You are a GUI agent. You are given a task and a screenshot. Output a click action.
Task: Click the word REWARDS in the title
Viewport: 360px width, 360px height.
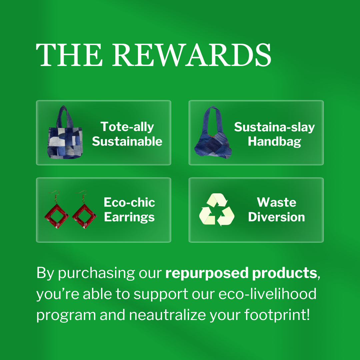[192, 55]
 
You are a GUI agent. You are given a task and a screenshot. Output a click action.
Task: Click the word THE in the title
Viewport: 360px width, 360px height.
[69, 55]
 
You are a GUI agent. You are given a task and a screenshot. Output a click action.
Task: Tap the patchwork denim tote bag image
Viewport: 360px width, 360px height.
[65, 132]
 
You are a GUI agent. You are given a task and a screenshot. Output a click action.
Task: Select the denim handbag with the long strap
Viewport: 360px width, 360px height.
[213, 132]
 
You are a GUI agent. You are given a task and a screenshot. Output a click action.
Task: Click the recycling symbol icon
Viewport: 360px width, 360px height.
[217, 210]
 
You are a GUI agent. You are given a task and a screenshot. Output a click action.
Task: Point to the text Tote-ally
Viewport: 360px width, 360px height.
[127, 127]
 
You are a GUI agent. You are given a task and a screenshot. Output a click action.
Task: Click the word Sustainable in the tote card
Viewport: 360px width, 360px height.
[127, 141]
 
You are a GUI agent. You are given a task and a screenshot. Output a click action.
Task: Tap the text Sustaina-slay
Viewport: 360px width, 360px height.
[274, 127]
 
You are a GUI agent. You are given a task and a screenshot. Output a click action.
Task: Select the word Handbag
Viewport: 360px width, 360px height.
[274, 142]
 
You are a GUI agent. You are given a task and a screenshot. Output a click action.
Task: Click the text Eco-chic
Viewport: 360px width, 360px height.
[129, 202]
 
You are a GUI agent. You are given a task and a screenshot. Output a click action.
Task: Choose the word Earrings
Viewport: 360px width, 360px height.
[129, 217]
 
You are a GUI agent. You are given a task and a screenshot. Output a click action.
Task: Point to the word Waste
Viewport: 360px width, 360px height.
[277, 202]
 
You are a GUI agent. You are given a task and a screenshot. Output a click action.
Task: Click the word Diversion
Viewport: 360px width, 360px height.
[277, 217]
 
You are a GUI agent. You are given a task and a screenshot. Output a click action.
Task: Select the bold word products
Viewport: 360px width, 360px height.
[285, 273]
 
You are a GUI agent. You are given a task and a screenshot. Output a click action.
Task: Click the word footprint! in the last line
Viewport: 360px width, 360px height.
[277, 315]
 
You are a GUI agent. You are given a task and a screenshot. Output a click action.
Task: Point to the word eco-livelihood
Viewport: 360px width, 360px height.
[267, 294]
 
